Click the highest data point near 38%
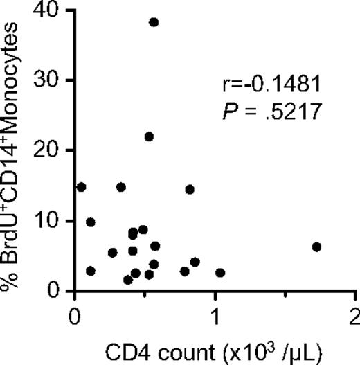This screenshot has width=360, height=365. (154, 22)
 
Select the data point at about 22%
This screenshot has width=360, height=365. (149, 136)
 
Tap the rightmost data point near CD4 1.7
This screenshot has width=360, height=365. (317, 247)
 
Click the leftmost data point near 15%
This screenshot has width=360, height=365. (81, 187)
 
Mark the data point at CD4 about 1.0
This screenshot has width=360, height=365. (220, 273)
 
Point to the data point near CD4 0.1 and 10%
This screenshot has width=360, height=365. (90, 222)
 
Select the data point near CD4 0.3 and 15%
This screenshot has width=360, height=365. (121, 187)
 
